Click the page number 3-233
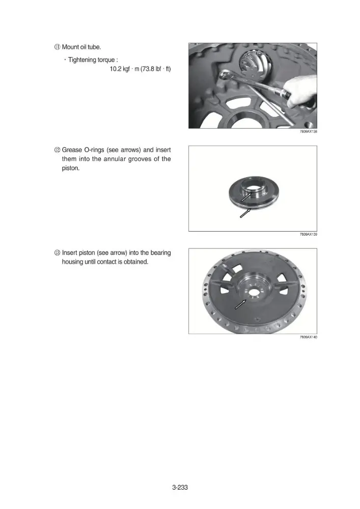180,487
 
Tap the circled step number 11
57,47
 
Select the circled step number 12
57,150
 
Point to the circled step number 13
57,253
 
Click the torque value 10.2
115,69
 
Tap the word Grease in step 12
72,150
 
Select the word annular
114,159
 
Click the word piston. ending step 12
70,168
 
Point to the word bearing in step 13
160,253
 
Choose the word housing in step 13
72,262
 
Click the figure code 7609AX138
309,131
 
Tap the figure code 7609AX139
309,234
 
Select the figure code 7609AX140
309,337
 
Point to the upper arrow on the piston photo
246,196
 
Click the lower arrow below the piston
245,213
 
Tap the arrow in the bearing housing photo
240,304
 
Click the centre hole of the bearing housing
254,292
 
